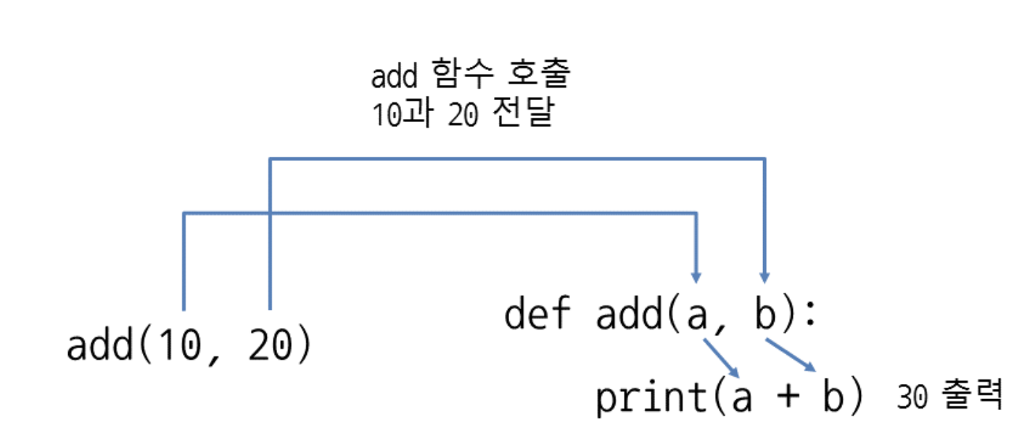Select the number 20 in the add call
click(x=268, y=347)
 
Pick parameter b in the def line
click(x=764, y=314)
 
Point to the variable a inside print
click(x=741, y=398)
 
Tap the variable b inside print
click(x=833, y=396)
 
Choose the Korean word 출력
click(x=973, y=395)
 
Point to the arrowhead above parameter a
click(x=696, y=276)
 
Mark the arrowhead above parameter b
click(x=765, y=276)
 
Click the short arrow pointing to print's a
click(x=722, y=358)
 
